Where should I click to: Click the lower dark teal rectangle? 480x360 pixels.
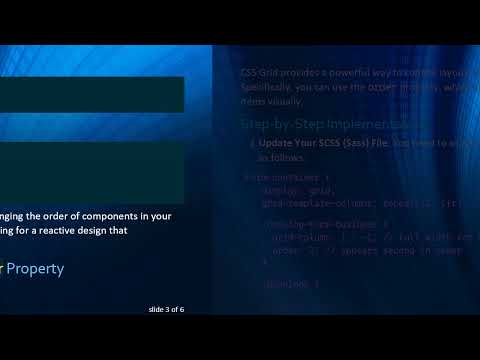click(91, 171)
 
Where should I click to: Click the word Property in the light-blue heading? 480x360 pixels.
click(38, 268)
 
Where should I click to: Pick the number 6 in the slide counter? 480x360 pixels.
click(182, 309)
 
